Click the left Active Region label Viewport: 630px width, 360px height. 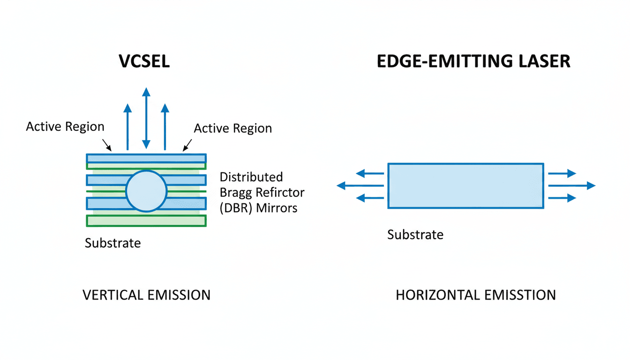pyautogui.click(x=65, y=127)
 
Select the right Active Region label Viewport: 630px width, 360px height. pyautogui.click(x=233, y=128)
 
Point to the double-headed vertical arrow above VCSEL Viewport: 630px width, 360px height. pyautogui.click(x=146, y=118)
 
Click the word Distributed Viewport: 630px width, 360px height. pyautogui.click(x=251, y=177)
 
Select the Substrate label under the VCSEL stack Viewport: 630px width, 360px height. pyautogui.click(x=112, y=243)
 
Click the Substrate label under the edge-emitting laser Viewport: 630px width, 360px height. pyautogui.click(x=415, y=234)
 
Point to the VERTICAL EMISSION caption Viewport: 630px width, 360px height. pyautogui.click(x=146, y=295)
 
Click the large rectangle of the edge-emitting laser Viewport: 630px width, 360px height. pyautogui.click(x=465, y=186)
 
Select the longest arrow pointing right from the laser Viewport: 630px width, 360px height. pyautogui.click(x=571, y=186)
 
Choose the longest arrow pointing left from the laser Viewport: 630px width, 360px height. pyautogui.click(x=360, y=186)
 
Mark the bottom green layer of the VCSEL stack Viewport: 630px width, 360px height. pyautogui.click(x=146, y=221)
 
